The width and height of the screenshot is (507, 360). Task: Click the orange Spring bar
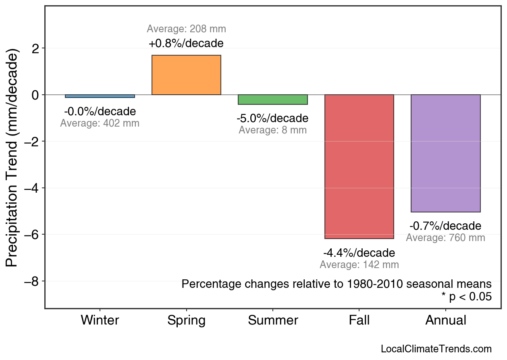186,75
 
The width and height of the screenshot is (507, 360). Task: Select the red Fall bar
359,166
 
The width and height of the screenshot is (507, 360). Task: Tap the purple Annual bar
445,153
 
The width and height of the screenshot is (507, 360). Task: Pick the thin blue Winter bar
100,96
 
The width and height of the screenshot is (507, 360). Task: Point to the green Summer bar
273,100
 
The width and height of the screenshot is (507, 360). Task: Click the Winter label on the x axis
100,320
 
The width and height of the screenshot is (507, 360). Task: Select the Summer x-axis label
273,320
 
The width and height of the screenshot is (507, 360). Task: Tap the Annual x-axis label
446,320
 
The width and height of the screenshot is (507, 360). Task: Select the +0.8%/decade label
186,43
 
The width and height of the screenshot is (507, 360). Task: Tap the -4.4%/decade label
359,253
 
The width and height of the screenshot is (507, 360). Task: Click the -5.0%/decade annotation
273,119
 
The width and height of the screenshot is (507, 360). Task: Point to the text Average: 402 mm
100,123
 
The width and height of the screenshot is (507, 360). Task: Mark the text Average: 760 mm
445,238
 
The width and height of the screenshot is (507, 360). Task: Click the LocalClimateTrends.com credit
436,349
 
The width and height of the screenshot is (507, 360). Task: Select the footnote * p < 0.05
467,297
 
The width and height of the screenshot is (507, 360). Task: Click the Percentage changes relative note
337,284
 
